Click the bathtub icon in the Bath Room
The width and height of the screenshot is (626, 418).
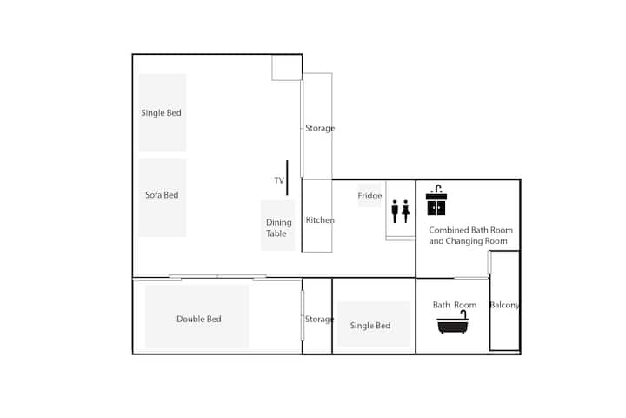[x=453, y=322]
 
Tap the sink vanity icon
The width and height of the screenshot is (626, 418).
[x=436, y=200]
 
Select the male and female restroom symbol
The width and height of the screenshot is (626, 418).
[x=401, y=212]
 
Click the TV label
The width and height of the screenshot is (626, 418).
[x=279, y=180]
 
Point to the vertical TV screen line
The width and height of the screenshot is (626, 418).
[x=287, y=178]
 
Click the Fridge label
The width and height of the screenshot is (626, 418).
[x=370, y=196]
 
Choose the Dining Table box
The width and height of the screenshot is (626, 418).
[x=278, y=226]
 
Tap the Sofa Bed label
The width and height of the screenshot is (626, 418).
[x=162, y=195]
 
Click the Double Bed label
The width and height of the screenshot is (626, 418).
[x=199, y=320]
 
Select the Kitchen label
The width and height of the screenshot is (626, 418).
[x=320, y=220]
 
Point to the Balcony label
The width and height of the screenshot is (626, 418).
[x=504, y=305]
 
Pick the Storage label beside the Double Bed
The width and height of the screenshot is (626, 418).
[x=319, y=320]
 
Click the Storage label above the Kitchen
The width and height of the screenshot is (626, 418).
[x=320, y=128]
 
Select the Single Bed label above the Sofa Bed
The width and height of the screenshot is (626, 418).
[x=161, y=113]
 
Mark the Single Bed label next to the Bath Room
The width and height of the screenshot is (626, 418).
[x=370, y=326]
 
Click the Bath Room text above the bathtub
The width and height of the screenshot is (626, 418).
[x=455, y=305]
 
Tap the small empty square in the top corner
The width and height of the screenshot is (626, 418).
[x=287, y=67]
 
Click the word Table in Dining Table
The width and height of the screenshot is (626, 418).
[x=276, y=233]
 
